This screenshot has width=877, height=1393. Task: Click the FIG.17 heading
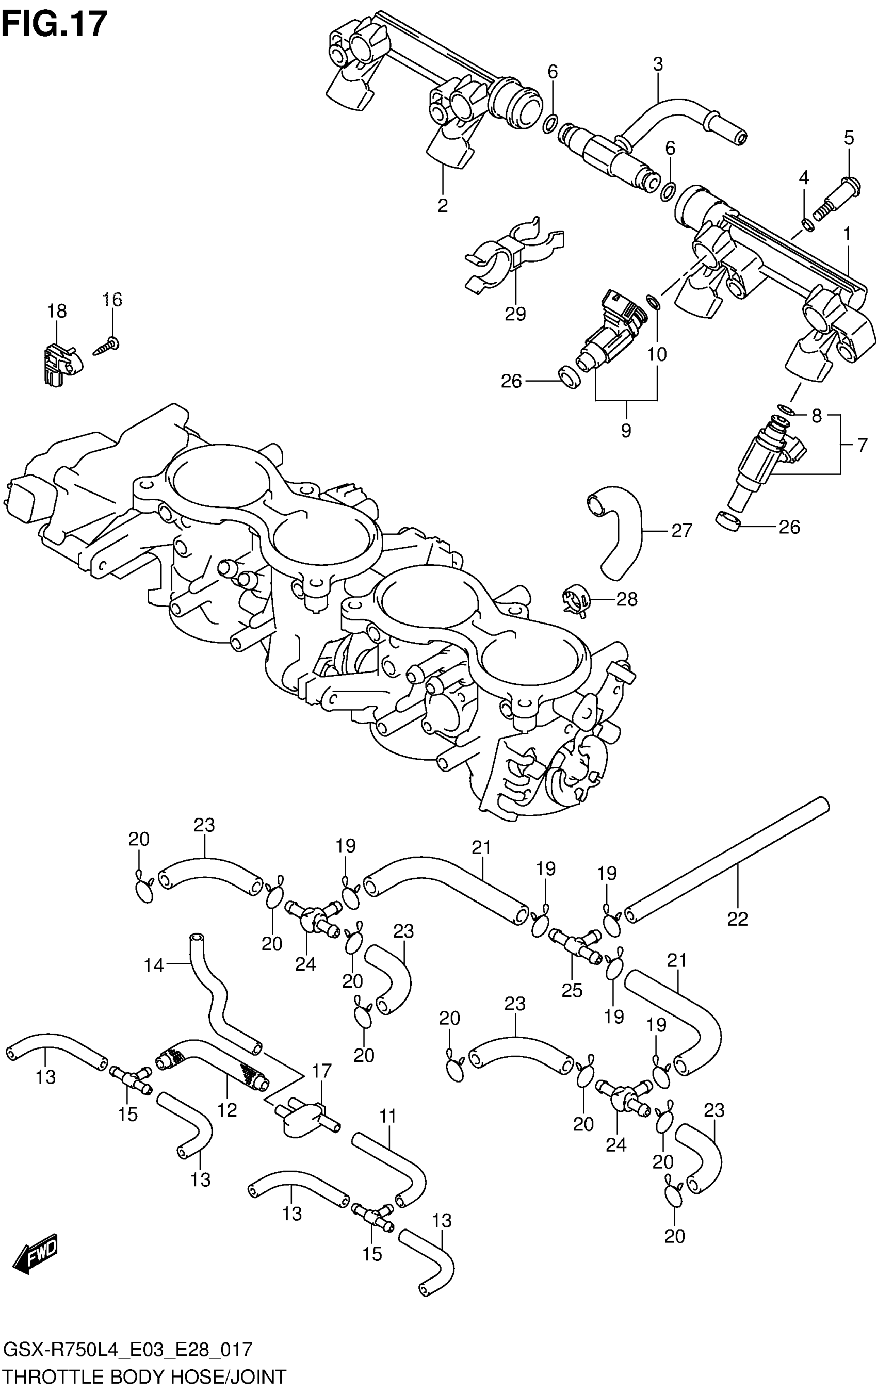point(55,24)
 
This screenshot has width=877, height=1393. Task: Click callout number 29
point(515,314)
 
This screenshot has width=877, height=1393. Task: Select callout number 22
point(738,919)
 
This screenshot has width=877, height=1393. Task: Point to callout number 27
point(681,531)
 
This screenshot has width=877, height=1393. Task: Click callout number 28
point(626,599)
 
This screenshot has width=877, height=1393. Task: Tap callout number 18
point(57,311)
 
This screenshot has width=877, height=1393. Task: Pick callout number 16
point(113,300)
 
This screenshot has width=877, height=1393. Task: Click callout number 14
point(154,965)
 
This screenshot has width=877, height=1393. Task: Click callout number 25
point(572,990)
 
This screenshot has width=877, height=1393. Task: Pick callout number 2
point(443,205)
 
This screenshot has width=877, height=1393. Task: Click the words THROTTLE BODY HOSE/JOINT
point(144,1375)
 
